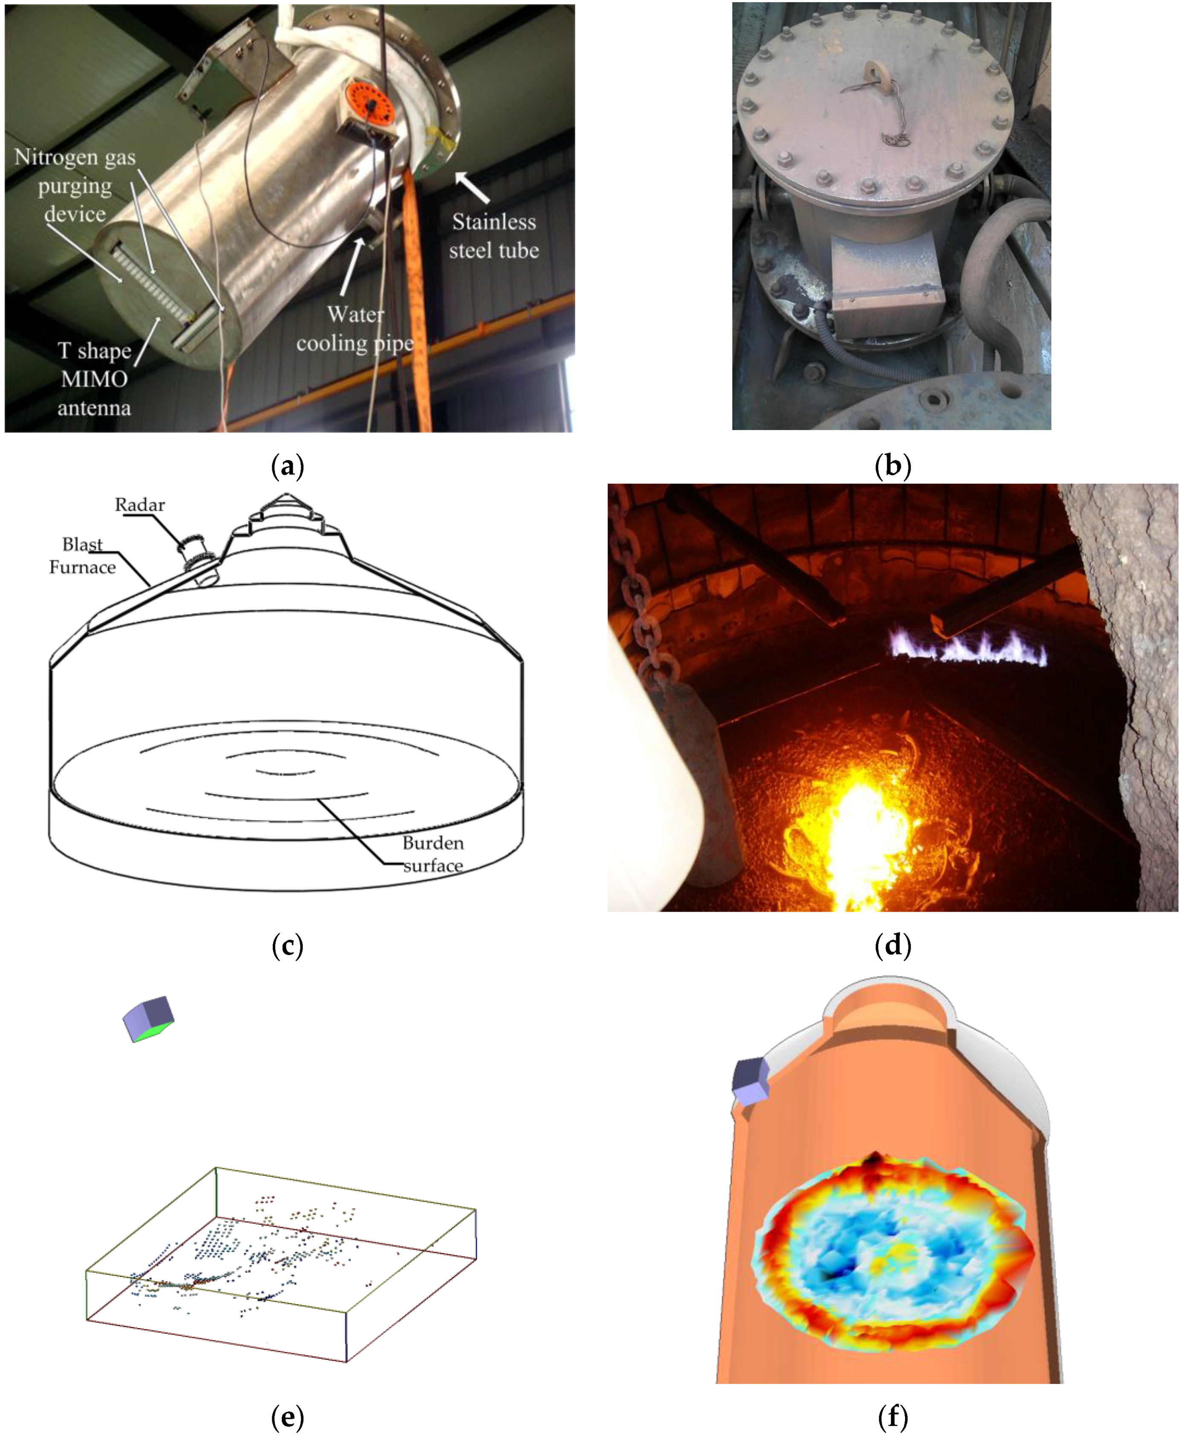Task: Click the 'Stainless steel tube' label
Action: click(493, 236)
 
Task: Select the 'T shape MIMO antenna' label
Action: click(94, 379)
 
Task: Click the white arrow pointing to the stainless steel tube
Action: click(473, 186)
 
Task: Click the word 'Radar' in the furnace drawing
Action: click(140, 505)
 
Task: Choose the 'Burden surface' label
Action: click(433, 854)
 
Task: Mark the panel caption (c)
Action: click(287, 947)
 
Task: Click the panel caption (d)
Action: click(892, 947)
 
